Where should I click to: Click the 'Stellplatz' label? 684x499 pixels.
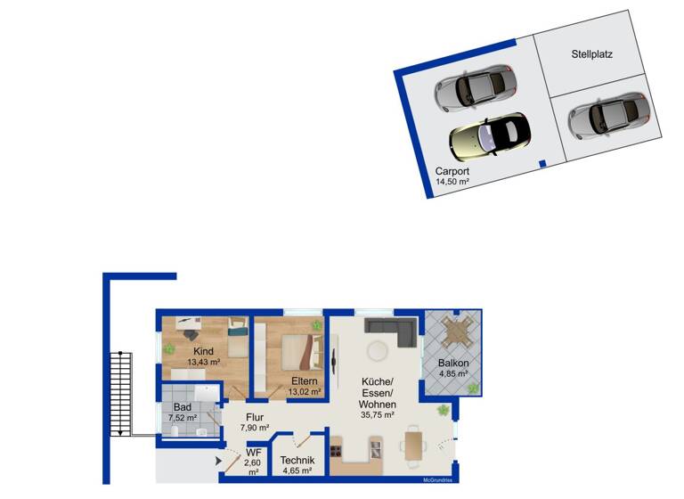[591, 54]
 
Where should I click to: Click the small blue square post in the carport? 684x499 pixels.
[542, 163]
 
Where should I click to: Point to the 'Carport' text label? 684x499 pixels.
[452, 171]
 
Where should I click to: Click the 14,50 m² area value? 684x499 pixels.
[452, 182]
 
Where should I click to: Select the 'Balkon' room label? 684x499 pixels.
[453, 364]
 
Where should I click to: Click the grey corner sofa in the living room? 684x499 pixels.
[392, 331]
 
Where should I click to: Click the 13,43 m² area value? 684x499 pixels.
[204, 363]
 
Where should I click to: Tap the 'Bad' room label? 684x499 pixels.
[182, 406]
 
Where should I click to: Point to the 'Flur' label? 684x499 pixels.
[254, 415]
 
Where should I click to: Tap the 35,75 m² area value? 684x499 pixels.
[378, 414]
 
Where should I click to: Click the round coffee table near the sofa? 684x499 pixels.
[378, 348]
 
